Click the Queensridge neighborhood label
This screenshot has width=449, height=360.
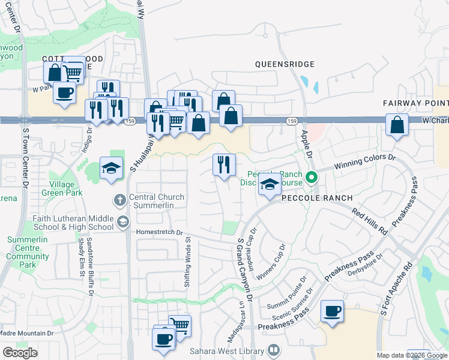pyautogui.click(x=285, y=64)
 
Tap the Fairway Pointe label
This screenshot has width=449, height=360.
pyautogui.click(x=415, y=103)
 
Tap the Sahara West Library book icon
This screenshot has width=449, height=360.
pyautogui.click(x=274, y=349)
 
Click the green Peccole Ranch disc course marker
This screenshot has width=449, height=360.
pyautogui.click(x=311, y=177)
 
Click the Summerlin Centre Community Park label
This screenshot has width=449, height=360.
pyautogui.click(x=28, y=251)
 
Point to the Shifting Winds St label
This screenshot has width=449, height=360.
pyautogui.click(x=187, y=255)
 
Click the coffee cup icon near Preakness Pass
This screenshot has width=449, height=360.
pyautogui.click(x=332, y=311)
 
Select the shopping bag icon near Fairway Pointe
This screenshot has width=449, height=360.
pyautogui.click(x=397, y=125)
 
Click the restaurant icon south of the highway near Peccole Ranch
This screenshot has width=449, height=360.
pyautogui.click(x=224, y=164)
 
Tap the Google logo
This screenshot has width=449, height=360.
pyautogui.click(x=20, y=353)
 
